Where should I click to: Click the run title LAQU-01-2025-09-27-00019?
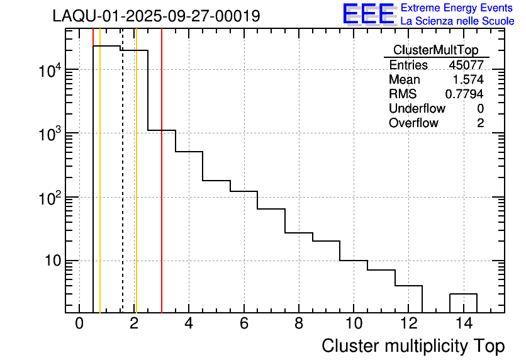pyautogui.click(x=156, y=16)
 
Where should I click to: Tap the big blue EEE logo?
pyautogui.click(x=368, y=14)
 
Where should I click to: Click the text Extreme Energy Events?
pyautogui.click(x=457, y=8)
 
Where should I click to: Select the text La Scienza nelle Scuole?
pyautogui.click(x=457, y=21)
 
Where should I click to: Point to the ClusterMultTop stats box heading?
pyautogui.click(x=435, y=50)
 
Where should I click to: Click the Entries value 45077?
pyautogui.click(x=466, y=65)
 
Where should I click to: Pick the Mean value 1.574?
pyautogui.click(x=469, y=79)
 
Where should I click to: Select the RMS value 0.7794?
pyautogui.click(x=464, y=94)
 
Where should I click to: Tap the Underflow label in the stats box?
pyautogui.click(x=417, y=108)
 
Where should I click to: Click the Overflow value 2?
pyautogui.click(x=480, y=123)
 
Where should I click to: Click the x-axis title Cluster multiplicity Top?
pyautogui.click(x=413, y=346)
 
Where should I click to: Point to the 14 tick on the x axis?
pyautogui.click(x=463, y=323)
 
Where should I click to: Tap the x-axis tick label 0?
pyautogui.click(x=79, y=323)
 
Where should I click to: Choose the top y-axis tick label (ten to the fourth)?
pyautogui.click(x=50, y=70)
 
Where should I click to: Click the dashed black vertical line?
pyautogui.click(x=123, y=189)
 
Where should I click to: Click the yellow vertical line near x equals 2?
pyautogui.click(x=136, y=189)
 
